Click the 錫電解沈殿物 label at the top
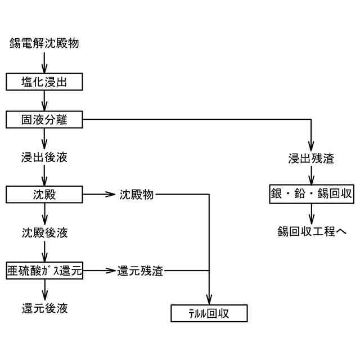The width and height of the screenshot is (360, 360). [47, 43]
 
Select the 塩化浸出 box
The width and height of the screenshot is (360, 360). [45, 82]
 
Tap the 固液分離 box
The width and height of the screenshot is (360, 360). [45, 119]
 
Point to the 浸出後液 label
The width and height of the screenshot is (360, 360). [45, 157]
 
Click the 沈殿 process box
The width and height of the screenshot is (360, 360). [45, 195]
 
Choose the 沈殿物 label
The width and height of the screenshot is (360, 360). [136, 195]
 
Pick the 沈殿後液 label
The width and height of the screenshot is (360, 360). [45, 232]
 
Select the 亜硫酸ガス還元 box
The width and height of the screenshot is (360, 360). [45, 271]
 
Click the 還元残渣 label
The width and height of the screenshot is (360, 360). [140, 271]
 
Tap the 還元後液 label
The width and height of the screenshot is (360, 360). [45, 308]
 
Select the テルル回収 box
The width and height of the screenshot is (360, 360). [209, 313]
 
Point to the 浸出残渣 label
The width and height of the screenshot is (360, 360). [311, 158]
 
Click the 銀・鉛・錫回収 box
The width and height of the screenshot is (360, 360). [311, 195]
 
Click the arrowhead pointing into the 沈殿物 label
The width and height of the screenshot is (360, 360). [111, 195]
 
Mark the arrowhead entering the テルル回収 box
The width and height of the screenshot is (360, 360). [209, 300]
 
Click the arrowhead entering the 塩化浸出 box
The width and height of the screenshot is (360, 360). [45, 70]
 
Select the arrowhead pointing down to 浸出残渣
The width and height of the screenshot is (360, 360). [311, 146]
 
